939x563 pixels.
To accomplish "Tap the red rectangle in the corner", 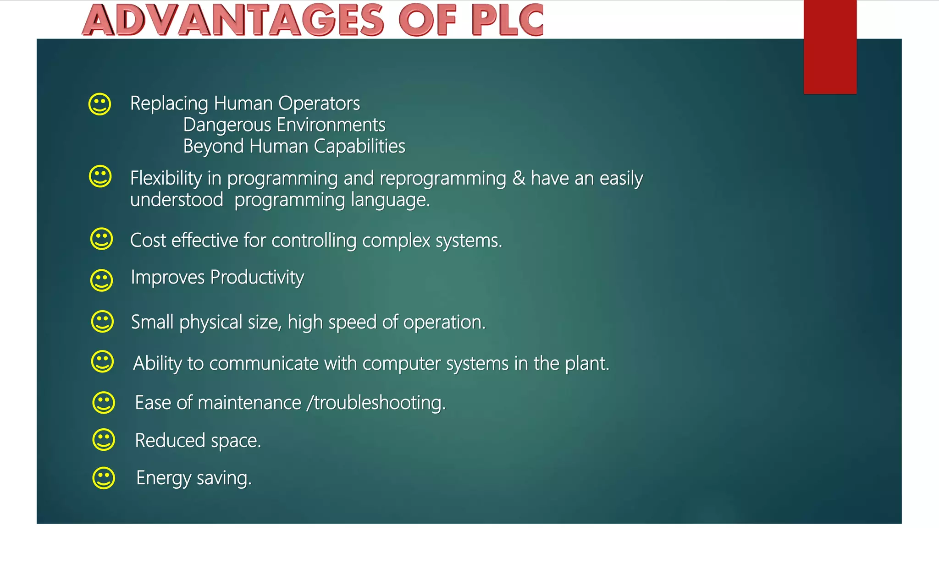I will tap(830, 47).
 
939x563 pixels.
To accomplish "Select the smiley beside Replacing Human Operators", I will tap(99, 104).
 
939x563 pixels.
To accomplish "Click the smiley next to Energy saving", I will tap(104, 478).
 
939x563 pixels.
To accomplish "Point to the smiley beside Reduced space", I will tap(104, 440).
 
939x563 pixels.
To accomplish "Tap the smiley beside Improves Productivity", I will tap(101, 280).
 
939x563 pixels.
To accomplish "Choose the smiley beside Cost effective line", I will tap(101, 239).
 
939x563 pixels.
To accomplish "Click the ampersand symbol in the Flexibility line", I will tap(519, 178).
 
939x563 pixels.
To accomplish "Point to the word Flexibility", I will tap(166, 178).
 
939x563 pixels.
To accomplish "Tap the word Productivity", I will tap(257, 278).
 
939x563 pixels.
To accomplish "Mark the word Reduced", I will tap(170, 441).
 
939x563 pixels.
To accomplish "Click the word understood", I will tap(177, 200).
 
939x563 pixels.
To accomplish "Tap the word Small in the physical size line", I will tap(152, 322).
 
